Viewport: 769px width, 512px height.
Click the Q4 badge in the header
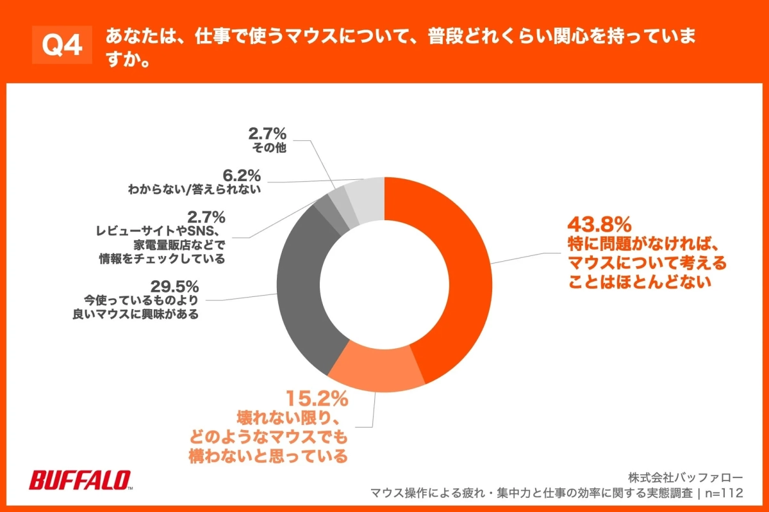pyautogui.click(x=62, y=45)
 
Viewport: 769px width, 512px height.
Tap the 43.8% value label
pyautogui.click(x=600, y=225)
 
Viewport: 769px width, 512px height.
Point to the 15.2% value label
pyautogui.click(x=317, y=399)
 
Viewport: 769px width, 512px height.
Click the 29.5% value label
pyautogui.click(x=175, y=285)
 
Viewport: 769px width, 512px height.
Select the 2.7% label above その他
pyautogui.click(x=267, y=134)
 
